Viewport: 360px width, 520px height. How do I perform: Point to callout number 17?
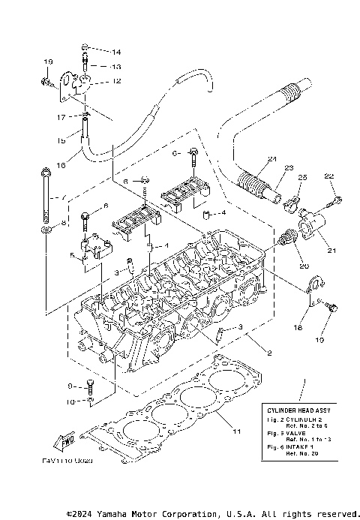click(x=61, y=117)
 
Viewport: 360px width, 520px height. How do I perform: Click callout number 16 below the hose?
click(x=61, y=164)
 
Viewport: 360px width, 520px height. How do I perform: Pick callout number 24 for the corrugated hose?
click(x=271, y=158)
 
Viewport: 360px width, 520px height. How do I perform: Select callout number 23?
click(x=288, y=168)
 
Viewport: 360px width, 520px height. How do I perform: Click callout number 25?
click(x=302, y=177)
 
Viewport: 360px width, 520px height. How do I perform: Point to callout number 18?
click(x=298, y=328)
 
